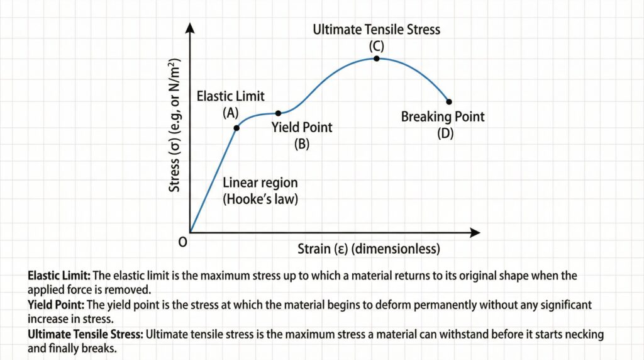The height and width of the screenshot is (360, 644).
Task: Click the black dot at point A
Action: (236, 128)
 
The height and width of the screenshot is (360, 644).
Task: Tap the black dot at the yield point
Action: (278, 113)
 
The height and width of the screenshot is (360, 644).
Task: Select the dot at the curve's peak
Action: (376, 59)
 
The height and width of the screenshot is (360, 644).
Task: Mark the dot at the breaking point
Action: (448, 101)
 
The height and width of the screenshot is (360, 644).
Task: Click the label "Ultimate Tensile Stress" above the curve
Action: (377, 29)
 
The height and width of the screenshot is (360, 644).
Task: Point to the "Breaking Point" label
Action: (443, 117)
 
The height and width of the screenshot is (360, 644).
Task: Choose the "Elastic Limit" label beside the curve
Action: (231, 96)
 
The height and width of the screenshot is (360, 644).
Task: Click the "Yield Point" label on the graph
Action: (302, 128)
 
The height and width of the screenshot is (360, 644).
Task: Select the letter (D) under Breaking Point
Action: (445, 133)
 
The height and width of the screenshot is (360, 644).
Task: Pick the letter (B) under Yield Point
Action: (302, 143)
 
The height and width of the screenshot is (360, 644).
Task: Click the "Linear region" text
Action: (260, 183)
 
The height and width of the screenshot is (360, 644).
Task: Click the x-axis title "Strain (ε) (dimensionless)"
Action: (369, 249)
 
